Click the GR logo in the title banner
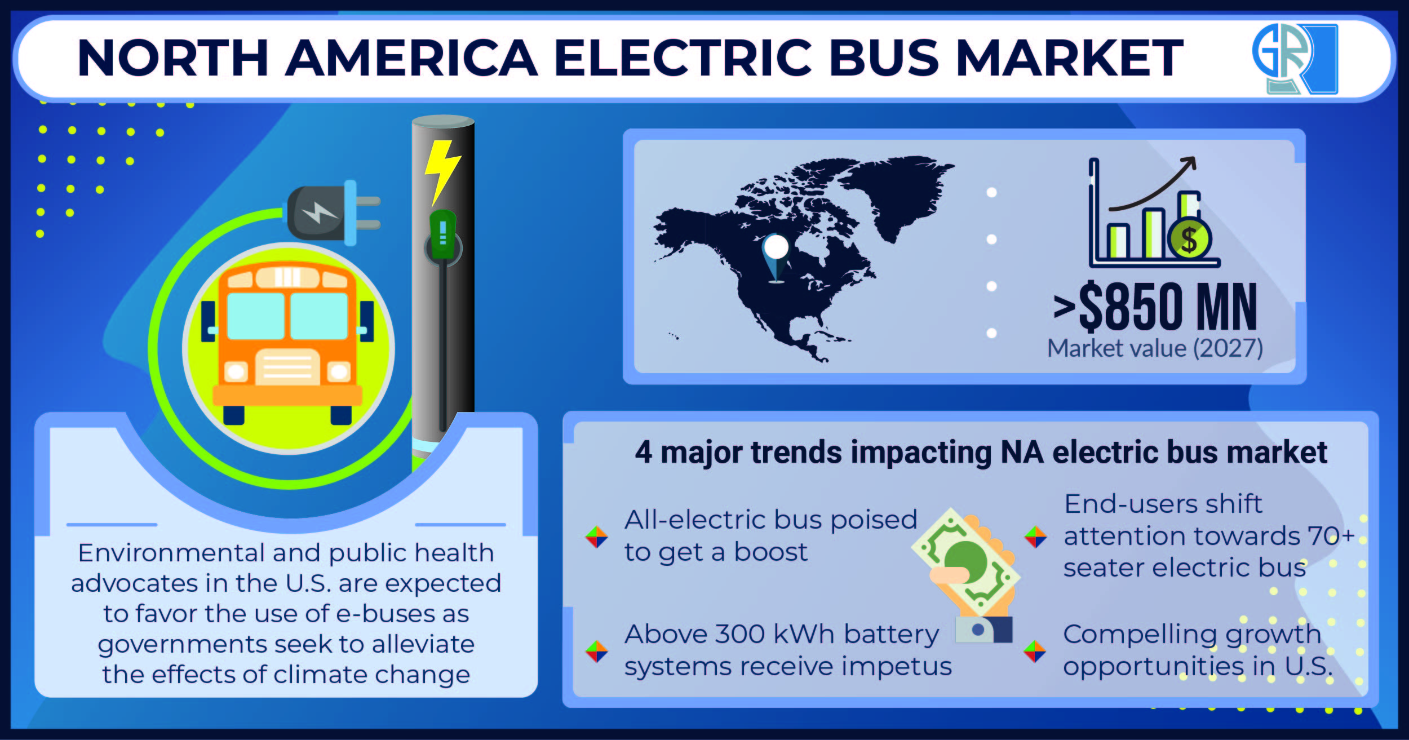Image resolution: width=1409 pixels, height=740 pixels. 1295,58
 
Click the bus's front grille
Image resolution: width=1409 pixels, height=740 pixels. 287,366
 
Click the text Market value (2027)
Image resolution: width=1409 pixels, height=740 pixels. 1155,348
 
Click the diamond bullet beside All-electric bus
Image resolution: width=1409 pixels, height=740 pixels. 596,537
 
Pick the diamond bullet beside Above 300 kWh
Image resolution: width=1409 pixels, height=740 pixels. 596,652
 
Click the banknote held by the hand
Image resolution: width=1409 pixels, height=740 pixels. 965,561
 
